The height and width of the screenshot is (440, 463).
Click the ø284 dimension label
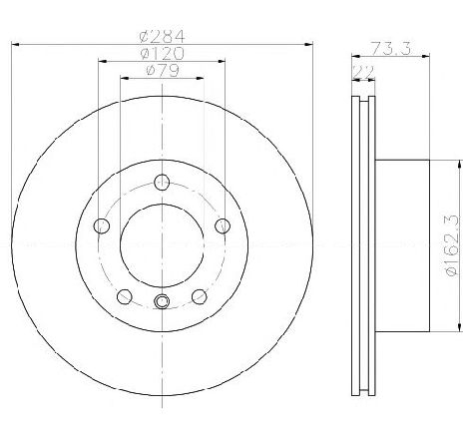pyautogui.click(x=162, y=36)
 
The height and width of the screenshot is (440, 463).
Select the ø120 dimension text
pyautogui.click(x=162, y=54)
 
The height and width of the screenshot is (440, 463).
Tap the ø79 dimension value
pyautogui.click(x=162, y=71)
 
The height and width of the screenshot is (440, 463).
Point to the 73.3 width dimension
pyautogui.click(x=391, y=49)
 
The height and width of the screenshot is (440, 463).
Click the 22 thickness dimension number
pyautogui.click(x=363, y=72)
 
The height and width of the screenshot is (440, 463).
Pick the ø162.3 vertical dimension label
pyautogui.click(x=453, y=245)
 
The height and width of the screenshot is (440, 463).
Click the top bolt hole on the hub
pyautogui.click(x=162, y=182)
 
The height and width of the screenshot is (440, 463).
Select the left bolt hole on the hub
pyautogui.click(x=102, y=226)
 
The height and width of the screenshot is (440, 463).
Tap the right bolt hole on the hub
pyautogui.click(x=223, y=226)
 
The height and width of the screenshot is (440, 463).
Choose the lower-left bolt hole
pyautogui.click(x=125, y=296)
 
